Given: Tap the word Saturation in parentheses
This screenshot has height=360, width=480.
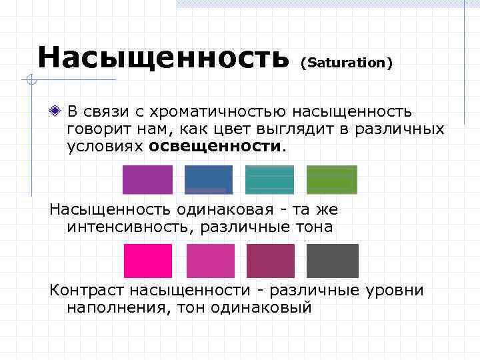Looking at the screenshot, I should click(x=347, y=63).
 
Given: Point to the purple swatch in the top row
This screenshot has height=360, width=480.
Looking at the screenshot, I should click(x=147, y=180).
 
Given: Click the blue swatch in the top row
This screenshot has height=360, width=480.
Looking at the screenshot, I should click(x=209, y=180).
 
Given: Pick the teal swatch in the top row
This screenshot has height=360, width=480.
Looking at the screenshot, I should click(x=269, y=180).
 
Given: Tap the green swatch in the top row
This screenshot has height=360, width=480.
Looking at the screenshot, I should click(x=331, y=180).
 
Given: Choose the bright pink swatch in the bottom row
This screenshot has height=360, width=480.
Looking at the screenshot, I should click(x=148, y=261).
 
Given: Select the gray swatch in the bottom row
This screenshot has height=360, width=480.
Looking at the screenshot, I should click(x=332, y=261).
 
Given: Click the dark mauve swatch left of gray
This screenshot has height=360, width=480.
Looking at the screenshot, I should click(x=271, y=261).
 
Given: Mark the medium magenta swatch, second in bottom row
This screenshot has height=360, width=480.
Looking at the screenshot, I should click(x=210, y=261).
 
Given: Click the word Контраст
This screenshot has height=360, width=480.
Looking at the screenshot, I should click(x=86, y=291).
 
